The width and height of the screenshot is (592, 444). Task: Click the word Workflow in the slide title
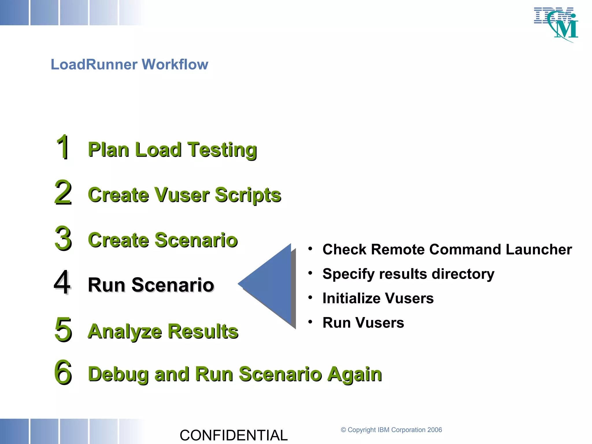(x=175, y=64)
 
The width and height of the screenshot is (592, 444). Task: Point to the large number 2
(x=63, y=192)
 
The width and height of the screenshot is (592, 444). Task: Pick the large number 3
(x=63, y=238)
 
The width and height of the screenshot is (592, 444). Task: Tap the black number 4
(x=62, y=282)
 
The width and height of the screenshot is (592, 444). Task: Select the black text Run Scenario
(x=151, y=285)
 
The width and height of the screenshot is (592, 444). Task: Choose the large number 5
(x=63, y=329)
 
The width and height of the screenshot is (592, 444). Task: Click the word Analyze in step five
(x=124, y=331)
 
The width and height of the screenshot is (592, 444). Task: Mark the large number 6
(x=63, y=372)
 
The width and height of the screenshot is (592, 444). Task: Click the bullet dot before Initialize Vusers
(x=310, y=297)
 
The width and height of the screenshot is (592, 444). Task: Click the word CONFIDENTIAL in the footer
(x=234, y=435)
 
